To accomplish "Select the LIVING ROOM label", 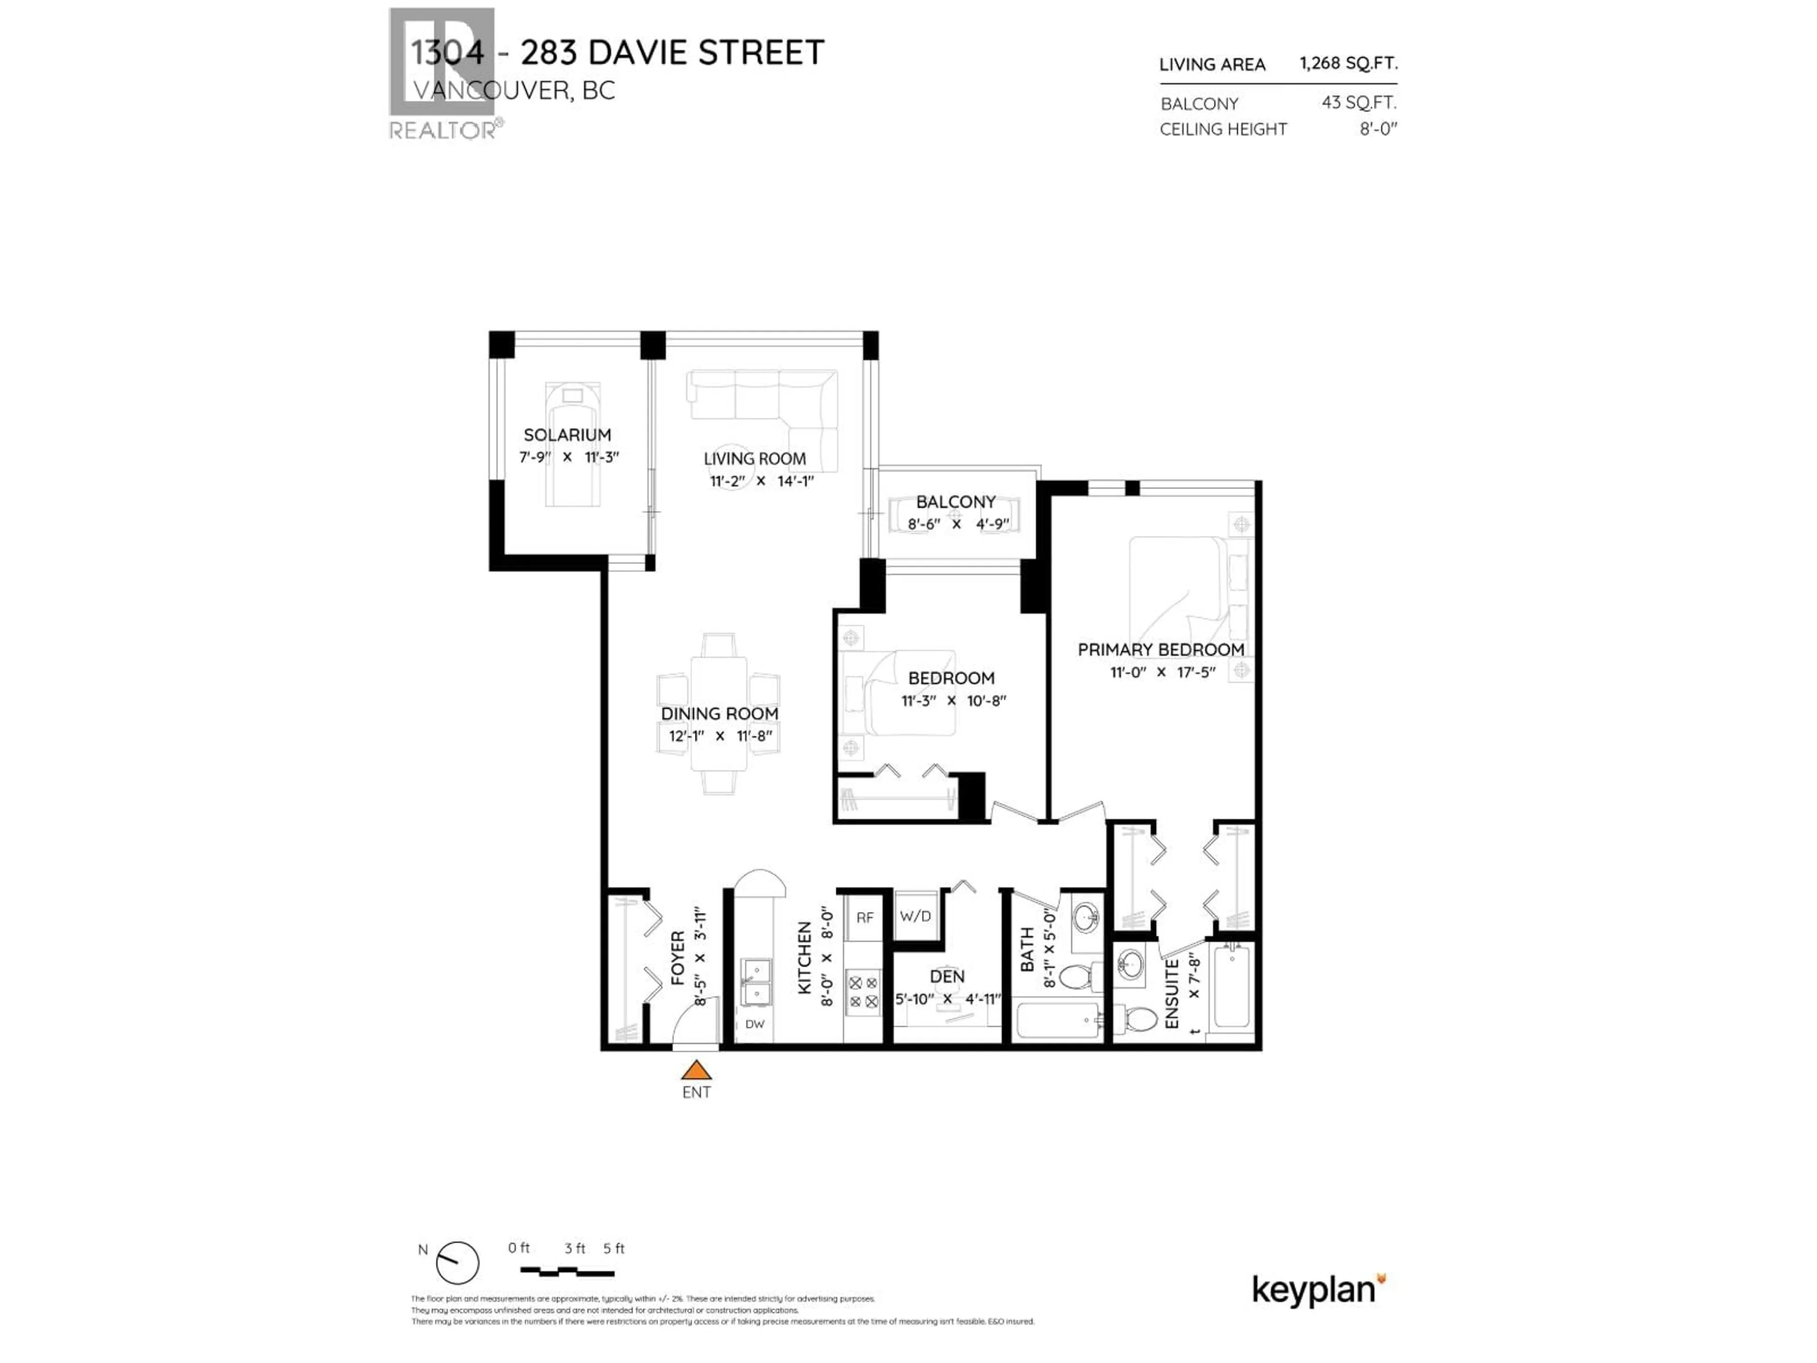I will coord(754,459).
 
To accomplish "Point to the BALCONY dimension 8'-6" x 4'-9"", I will coord(957,523).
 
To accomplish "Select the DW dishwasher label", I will coord(754,1024).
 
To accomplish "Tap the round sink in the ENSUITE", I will coord(1131,964).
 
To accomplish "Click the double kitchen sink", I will coord(755,982).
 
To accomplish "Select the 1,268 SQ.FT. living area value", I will coord(1348,63).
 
